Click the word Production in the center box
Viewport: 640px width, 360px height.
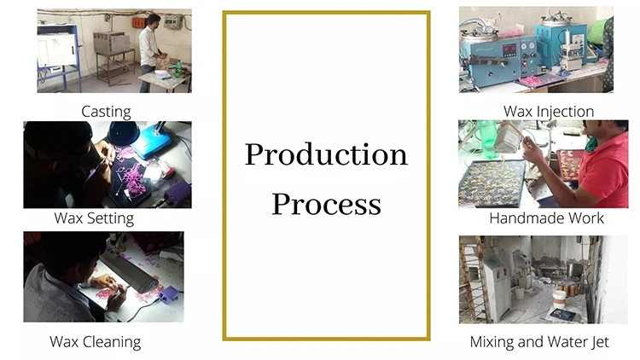(326, 154)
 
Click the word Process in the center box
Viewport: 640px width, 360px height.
(326, 204)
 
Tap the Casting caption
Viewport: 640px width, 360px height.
(106, 111)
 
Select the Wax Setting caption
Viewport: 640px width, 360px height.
(94, 218)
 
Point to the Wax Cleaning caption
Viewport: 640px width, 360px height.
(95, 342)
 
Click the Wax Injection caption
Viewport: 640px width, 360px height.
(548, 111)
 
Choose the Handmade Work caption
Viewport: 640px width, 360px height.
(546, 218)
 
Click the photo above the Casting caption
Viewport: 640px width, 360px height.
(113, 51)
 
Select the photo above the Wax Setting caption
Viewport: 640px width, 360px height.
(107, 165)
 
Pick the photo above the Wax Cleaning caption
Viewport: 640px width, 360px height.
(103, 276)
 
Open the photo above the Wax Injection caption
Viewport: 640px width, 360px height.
(536, 49)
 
